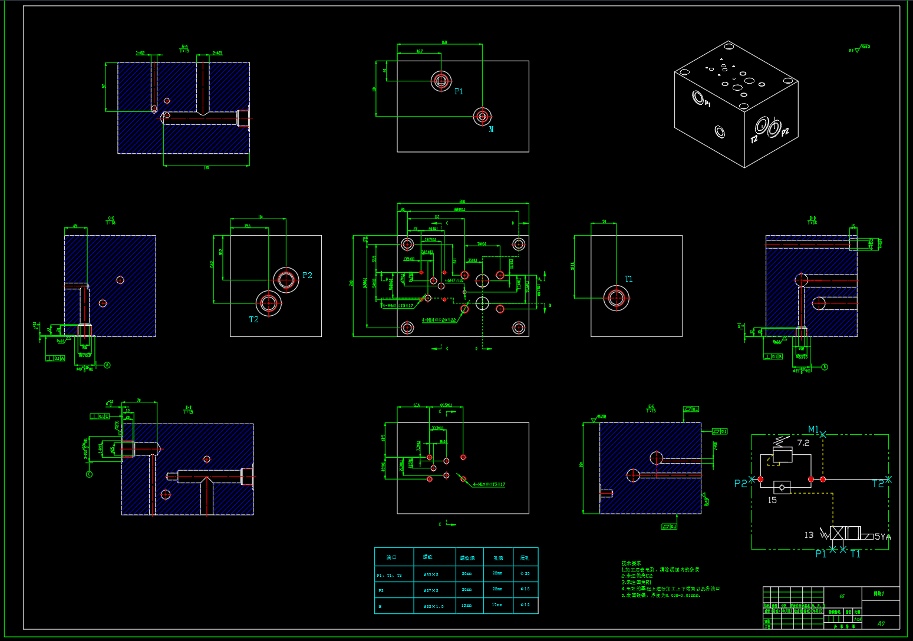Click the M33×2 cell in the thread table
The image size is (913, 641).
pyautogui.click(x=431, y=574)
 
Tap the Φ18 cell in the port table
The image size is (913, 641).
pyautogui.click(x=525, y=589)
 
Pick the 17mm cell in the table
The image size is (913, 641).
pyautogui.click(x=497, y=604)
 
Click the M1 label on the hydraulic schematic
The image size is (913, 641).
pyautogui.click(x=813, y=429)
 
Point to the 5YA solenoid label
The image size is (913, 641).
pyautogui.click(x=882, y=537)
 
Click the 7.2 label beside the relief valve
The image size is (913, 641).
pyautogui.click(x=803, y=443)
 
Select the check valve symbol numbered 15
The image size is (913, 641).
pyautogui.click(x=782, y=487)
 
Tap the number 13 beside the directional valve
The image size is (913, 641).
pyautogui.click(x=809, y=535)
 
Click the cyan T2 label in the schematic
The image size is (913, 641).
pyautogui.click(x=878, y=484)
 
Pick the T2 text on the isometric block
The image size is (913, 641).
pyautogui.click(x=754, y=140)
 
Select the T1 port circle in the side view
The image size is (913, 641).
pyautogui.click(x=616, y=298)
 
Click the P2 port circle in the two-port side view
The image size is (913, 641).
pyautogui.click(x=286, y=280)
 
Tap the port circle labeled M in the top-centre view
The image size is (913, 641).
pyautogui.click(x=482, y=117)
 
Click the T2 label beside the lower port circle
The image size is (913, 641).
pyautogui.click(x=253, y=319)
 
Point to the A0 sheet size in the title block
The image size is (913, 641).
pyautogui.click(x=881, y=623)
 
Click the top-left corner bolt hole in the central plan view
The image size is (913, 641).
pyautogui.click(x=407, y=244)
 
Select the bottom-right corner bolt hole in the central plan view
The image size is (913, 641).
pyautogui.click(x=519, y=327)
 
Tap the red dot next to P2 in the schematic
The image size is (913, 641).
pyautogui.click(x=760, y=480)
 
